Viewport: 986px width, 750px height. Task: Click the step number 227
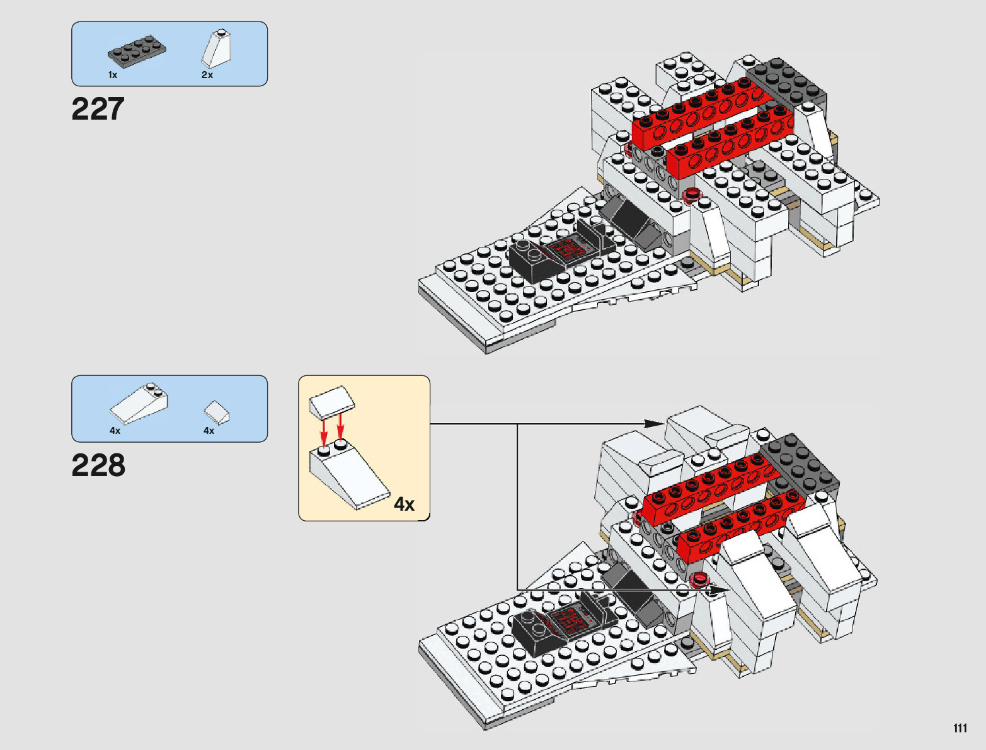point(98,109)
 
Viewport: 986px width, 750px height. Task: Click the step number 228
point(98,465)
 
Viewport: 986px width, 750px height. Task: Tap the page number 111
point(960,728)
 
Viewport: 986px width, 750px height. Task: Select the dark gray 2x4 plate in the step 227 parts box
point(137,50)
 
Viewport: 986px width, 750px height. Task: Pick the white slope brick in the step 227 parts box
point(217,48)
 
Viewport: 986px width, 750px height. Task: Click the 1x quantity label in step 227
point(113,75)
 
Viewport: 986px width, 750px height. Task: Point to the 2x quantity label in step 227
point(207,75)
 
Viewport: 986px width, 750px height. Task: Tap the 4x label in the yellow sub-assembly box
point(404,504)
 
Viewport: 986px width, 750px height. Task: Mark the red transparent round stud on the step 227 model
point(692,194)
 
